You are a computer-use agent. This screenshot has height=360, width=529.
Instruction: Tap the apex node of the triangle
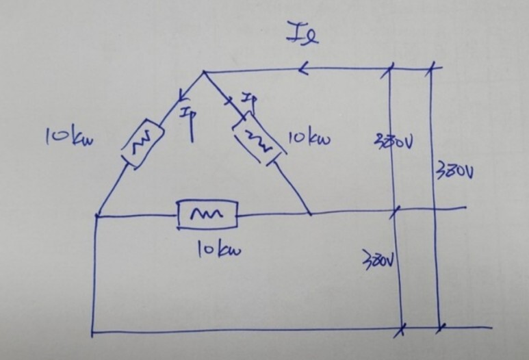pos(205,71)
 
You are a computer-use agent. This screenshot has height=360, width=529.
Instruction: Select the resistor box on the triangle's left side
pos(141,144)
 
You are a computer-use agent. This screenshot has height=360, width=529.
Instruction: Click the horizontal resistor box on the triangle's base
pos(206,215)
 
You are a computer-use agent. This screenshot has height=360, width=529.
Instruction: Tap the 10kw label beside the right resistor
pos(309,140)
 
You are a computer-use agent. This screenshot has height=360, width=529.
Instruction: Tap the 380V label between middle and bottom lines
pos(378,260)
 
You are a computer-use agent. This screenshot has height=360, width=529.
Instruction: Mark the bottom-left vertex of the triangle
pos(96,216)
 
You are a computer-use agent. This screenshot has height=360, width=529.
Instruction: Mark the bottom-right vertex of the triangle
pos(310,214)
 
